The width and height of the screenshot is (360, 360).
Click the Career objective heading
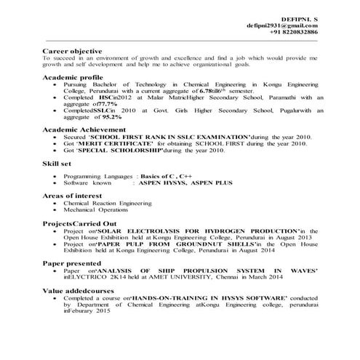pyautogui.click(x=71, y=53)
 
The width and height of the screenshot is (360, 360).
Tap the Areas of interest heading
pyautogui.click(x=72, y=196)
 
